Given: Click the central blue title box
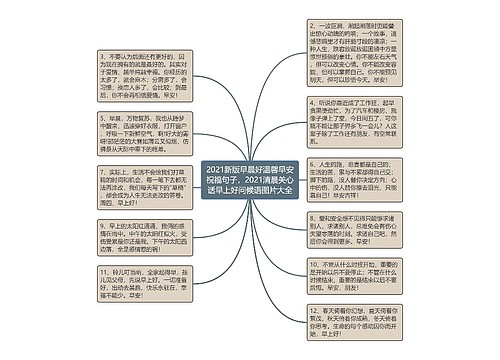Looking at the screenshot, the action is [249, 177].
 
